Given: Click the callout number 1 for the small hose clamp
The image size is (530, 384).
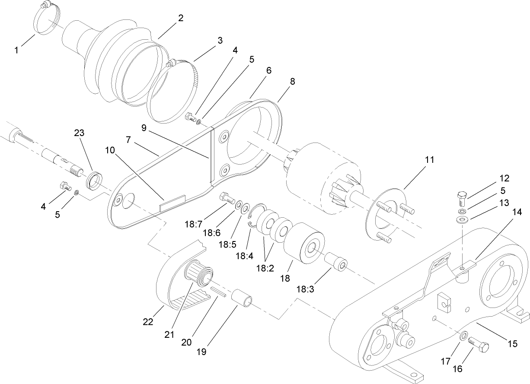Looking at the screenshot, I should (x=16, y=50).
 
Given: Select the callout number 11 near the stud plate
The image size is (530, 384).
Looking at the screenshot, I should (x=429, y=160).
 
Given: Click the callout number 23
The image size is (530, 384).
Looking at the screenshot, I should (x=79, y=134).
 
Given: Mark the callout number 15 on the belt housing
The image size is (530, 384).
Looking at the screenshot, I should (x=512, y=344).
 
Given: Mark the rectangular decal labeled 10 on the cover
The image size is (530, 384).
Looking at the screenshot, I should (x=172, y=203).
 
